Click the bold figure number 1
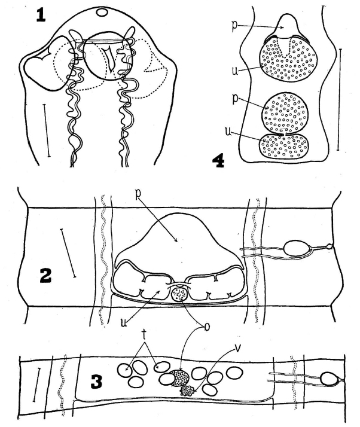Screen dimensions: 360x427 [x=41, y=16]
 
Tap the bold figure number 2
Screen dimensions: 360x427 [x=45, y=276]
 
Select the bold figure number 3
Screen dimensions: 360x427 [x=96, y=382]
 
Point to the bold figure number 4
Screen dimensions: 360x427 [x=218, y=161]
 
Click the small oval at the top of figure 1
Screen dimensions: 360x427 [x=102, y=12]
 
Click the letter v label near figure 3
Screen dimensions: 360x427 [x=237, y=349]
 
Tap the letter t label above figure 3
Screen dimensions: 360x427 [x=144, y=335]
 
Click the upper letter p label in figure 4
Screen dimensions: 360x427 [x=235, y=26]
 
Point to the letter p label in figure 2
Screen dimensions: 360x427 [x=139, y=193]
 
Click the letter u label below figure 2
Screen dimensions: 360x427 [x=124, y=322]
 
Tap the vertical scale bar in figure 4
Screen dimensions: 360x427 [x=338, y=99]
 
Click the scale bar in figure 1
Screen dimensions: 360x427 [x=46, y=130]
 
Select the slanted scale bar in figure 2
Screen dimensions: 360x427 [x=68, y=253]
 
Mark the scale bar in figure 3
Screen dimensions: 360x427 [x=36, y=385]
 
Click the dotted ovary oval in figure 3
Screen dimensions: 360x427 [x=180, y=378]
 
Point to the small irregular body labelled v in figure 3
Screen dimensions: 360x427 [x=187, y=391]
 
